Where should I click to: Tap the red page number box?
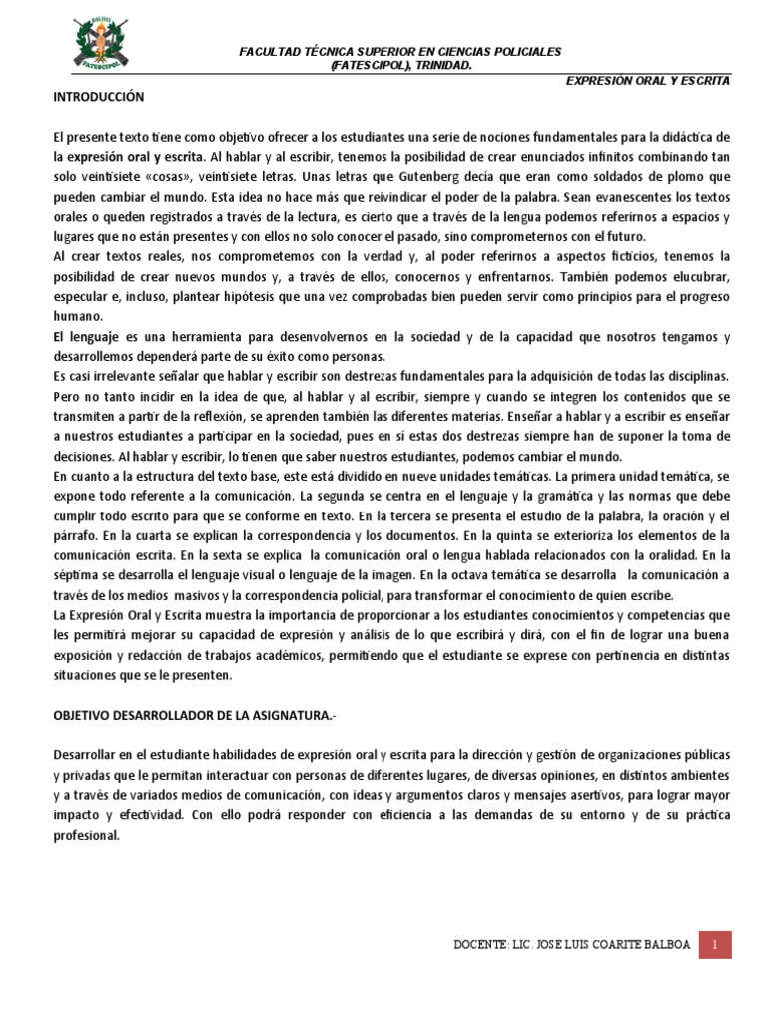tap(714, 944)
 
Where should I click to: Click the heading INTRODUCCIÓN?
tap(99, 97)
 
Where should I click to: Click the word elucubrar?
tap(699, 276)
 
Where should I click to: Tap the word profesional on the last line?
tap(86, 835)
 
